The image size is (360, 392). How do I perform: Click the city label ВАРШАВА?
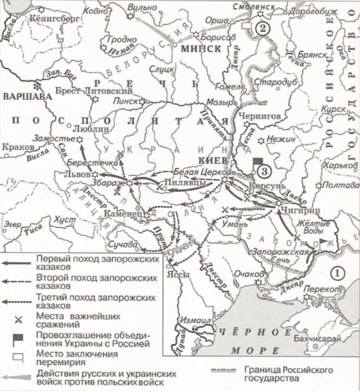(x=21, y=96)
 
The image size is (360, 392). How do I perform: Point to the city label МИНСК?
(x=200, y=49)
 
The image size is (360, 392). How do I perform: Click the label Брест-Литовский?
(x=94, y=91)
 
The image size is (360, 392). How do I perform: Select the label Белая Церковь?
(x=204, y=172)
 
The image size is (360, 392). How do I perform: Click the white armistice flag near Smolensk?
(x=247, y=25)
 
